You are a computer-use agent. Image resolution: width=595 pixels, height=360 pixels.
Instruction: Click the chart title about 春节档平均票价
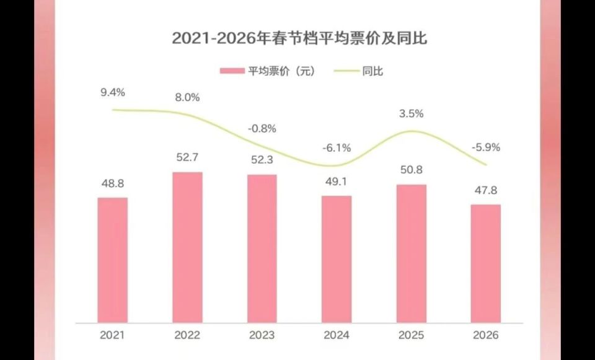[x=300, y=38]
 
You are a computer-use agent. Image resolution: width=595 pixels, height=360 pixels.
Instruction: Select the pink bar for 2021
[x=113, y=260]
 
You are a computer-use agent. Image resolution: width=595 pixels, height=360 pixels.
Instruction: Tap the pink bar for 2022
[x=187, y=247]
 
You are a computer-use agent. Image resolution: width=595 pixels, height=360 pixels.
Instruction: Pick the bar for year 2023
[x=262, y=248]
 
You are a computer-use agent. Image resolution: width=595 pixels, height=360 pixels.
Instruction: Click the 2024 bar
[x=337, y=259]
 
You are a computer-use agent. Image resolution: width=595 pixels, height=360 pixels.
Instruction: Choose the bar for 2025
[x=412, y=253]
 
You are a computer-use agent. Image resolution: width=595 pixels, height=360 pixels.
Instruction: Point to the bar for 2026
[x=485, y=263]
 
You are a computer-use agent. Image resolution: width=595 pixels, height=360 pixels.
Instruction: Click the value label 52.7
[x=187, y=159]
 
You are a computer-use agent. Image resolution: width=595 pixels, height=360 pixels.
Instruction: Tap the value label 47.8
[x=485, y=191]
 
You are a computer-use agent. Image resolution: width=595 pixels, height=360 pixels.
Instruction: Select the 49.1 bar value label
[x=337, y=182]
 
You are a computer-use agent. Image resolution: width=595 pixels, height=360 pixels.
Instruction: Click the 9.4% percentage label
[x=113, y=92]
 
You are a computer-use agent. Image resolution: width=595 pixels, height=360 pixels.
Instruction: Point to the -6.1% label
[x=337, y=148]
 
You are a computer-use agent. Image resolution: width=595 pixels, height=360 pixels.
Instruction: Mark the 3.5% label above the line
[x=412, y=113]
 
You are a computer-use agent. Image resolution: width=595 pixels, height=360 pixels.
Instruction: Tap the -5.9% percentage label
[x=485, y=148]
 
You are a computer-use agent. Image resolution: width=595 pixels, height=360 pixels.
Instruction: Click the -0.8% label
[x=262, y=129]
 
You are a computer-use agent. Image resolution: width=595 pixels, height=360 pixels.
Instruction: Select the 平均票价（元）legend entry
[x=268, y=71]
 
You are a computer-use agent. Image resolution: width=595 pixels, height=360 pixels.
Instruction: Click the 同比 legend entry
[x=359, y=71]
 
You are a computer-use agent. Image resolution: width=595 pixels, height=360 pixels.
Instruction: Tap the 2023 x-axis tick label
[x=262, y=335]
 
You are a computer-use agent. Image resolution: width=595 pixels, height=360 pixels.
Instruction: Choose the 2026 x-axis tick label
[x=485, y=335]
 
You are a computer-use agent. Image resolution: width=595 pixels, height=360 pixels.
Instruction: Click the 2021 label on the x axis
[x=113, y=335]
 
